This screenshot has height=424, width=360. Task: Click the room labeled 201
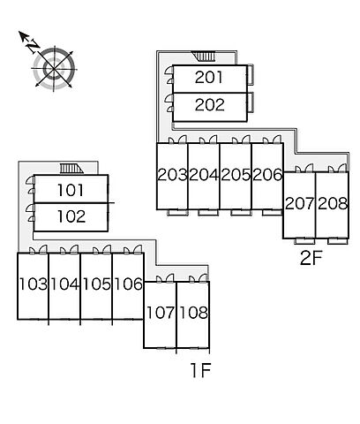tap(209, 77)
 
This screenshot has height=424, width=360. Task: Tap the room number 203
tap(172, 175)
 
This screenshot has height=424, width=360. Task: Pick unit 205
tap(236, 175)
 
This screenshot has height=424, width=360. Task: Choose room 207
tap(300, 203)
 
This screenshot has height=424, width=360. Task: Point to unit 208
tap(333, 203)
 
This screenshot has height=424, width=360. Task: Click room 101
tap(71, 190)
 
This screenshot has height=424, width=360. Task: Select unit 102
tap(71, 216)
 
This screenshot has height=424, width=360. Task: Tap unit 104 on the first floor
tap(65, 284)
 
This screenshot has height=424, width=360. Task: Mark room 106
tap(128, 284)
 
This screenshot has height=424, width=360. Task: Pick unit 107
tap(161, 313)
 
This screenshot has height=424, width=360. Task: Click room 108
tap(193, 313)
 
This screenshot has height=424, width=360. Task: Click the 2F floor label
tap(311, 258)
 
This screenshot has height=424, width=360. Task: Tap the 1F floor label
tap(201, 370)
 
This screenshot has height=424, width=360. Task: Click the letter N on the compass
tap(33, 46)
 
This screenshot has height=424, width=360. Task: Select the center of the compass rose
tap(54, 69)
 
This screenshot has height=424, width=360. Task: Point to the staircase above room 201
tap(204, 57)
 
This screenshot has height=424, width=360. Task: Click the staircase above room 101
tap(71, 169)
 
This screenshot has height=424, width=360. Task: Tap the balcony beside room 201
tap(251, 75)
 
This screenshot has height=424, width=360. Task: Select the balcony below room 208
tap(338, 241)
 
